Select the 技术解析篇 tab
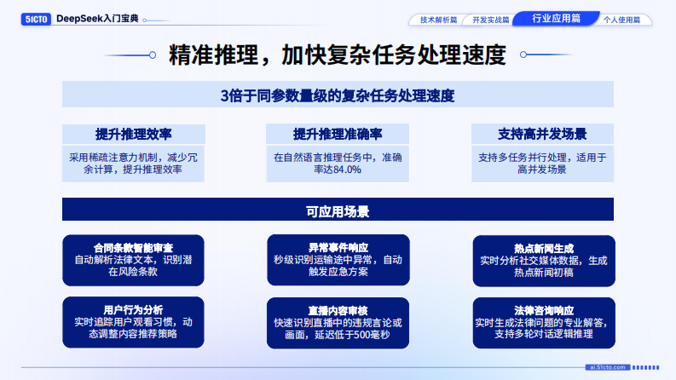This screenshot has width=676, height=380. (438, 19)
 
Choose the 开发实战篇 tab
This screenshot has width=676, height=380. (491, 19)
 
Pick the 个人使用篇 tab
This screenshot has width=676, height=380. (621, 19)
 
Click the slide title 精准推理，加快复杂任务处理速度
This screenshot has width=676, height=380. (338, 55)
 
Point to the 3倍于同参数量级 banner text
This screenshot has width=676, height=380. (338, 95)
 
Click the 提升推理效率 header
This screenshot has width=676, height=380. (134, 134)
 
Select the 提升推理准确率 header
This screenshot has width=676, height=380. (338, 134)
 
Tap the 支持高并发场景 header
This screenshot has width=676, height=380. (542, 134)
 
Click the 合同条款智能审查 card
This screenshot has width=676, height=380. (134, 260)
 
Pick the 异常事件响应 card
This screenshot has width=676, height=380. (338, 260)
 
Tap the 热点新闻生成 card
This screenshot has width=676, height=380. (543, 260)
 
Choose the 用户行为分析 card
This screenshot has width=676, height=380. (134, 321)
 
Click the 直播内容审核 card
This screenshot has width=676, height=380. (338, 322)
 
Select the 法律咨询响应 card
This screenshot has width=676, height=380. (543, 322)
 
